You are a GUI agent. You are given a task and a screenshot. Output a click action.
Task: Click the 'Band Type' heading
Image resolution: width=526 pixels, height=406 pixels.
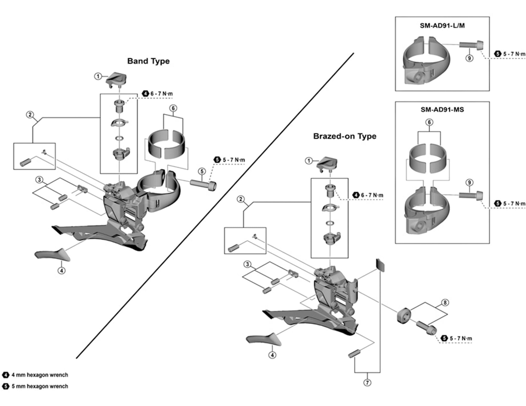148,61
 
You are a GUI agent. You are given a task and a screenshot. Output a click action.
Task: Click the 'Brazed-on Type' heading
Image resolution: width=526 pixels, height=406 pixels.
345,136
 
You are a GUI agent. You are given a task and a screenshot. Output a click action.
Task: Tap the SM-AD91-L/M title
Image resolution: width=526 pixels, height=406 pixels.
442,25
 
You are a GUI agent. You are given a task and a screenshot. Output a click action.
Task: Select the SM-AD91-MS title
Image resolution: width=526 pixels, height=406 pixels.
442,110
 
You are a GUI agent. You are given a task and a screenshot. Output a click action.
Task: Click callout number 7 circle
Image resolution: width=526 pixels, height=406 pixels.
367,382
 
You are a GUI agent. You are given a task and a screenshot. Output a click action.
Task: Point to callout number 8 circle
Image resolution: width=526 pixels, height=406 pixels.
445,302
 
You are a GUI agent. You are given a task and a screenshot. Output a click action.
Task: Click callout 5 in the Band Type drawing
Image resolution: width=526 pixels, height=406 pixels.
202,171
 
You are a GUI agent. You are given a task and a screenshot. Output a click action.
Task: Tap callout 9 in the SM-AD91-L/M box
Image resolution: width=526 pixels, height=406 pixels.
469,58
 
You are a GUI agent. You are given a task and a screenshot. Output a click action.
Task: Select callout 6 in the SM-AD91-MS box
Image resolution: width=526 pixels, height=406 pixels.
429,122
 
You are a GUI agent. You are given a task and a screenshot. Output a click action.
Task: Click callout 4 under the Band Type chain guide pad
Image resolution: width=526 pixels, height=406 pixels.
62,271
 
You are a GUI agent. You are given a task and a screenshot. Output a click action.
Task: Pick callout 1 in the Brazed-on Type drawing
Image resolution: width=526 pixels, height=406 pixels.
309,161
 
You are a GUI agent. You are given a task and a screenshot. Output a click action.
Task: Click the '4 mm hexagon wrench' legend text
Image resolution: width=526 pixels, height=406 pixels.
40,375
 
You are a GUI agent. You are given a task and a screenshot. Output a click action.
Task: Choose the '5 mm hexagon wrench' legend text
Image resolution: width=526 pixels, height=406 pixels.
40,386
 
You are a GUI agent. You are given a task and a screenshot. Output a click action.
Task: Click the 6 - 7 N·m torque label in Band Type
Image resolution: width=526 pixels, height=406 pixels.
161,94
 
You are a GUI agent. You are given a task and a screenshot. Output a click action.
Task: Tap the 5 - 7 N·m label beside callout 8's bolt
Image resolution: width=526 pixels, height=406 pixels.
461,339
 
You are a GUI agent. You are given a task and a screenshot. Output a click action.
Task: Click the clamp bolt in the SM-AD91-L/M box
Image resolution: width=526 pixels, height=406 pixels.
471,45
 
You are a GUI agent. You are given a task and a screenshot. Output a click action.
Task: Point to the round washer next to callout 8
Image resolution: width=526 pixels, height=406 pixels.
404,316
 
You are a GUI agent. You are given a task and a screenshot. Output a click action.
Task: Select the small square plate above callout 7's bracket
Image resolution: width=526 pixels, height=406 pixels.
380,265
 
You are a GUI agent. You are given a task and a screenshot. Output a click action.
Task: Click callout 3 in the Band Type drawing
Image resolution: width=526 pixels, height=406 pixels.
39,180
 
